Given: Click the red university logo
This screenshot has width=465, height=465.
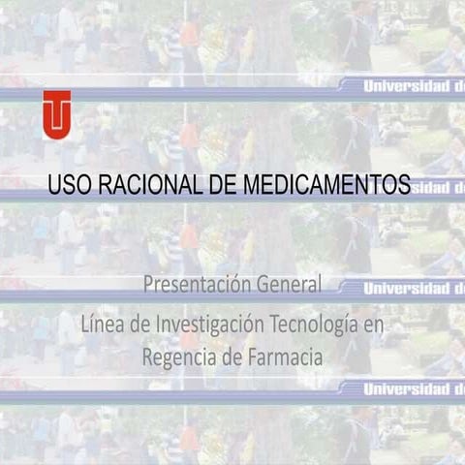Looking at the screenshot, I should click(x=56, y=113).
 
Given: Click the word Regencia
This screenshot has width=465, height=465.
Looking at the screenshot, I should click(x=177, y=357).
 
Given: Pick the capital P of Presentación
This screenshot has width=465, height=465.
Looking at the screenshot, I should click(x=148, y=285).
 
